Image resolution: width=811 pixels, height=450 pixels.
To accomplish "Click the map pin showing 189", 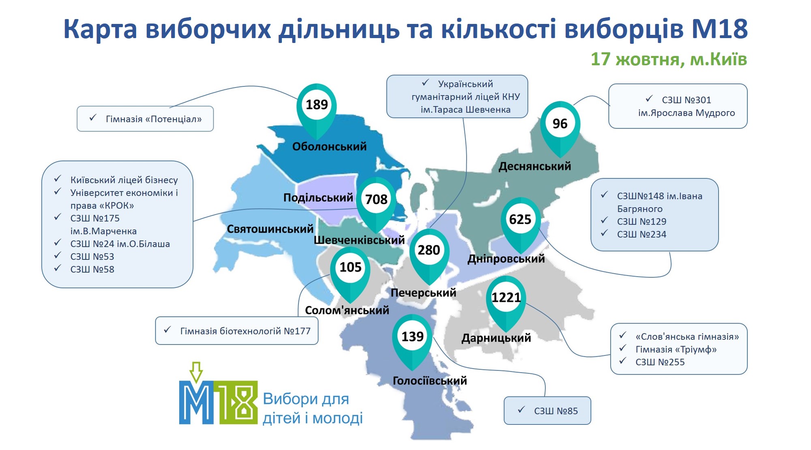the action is point(316,109).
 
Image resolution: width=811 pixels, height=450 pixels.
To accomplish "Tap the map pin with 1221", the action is point(506,302).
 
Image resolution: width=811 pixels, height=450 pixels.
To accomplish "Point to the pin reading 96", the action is point(560,128).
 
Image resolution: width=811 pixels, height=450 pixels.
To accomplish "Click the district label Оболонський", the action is point(329,146).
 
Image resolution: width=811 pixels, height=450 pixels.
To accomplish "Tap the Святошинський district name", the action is point(270,229).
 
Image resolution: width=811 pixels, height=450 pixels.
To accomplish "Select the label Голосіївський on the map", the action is point(430,381).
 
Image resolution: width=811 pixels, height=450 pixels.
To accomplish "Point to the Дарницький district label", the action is point(496,338).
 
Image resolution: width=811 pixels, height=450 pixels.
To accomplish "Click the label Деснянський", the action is point(534,166).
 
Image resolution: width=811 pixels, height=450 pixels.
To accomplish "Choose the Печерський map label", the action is point(423,293).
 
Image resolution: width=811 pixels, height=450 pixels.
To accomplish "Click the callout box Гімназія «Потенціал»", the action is point(145,119).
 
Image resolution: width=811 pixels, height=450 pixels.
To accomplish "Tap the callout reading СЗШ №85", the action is point(547,411).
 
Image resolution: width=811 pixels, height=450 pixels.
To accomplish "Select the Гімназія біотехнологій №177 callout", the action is point(237,331).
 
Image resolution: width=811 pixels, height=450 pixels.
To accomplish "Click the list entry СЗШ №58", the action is point(92,269).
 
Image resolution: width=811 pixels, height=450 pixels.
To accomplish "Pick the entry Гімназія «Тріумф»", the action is point(676,349).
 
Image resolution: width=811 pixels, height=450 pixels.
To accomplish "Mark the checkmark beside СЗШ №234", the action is point(604,233).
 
